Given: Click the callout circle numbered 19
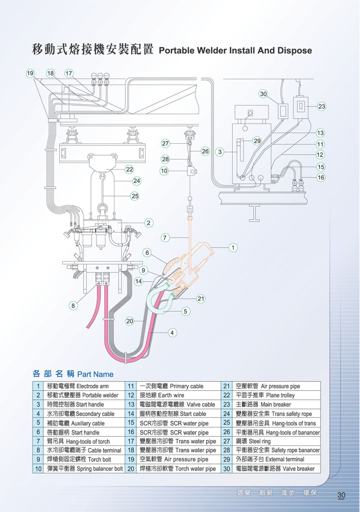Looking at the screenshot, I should tap(30, 73).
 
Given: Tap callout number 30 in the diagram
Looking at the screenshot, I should tap(263, 94).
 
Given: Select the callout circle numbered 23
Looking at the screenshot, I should tap(321, 107).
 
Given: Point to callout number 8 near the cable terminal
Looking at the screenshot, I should tap(73, 305).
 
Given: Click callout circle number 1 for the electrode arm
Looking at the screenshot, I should tap(232, 247).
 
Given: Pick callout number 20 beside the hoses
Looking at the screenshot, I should tap(130, 321).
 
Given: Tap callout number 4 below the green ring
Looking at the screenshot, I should tap(172, 332).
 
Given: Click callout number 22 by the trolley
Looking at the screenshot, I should tap(129, 169).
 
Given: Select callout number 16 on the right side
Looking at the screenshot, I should tap(321, 177).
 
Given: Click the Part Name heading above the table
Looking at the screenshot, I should tap(95, 374).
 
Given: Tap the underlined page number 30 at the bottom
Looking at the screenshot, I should tap(341, 495).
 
